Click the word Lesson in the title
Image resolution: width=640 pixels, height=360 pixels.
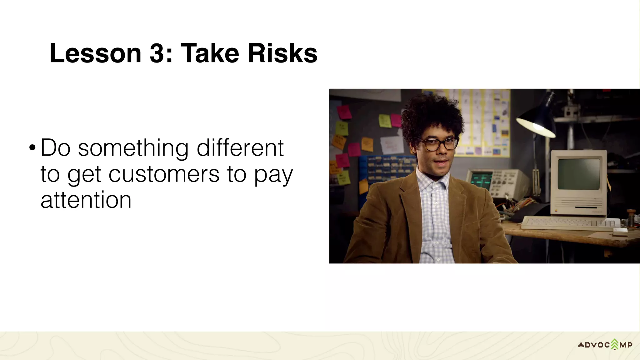point(95,53)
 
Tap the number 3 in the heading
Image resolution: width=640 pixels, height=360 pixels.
point(157,53)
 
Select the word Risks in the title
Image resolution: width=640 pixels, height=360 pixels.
point(282,53)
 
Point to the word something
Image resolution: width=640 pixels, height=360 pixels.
point(133,148)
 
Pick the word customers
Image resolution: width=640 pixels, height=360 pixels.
point(164,174)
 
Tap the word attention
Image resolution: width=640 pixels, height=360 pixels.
point(86,200)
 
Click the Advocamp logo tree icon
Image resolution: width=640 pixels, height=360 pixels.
point(615,344)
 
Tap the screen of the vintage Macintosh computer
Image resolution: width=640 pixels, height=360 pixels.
point(578,174)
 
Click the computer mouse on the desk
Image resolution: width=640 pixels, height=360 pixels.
point(620,232)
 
